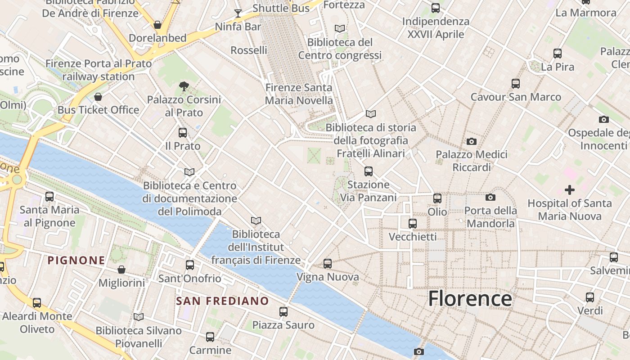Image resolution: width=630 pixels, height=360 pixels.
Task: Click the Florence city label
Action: pos(470,298)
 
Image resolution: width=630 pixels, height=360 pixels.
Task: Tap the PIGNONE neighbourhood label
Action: pos(76,260)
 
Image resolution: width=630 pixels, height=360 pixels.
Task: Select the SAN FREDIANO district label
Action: pos(222,301)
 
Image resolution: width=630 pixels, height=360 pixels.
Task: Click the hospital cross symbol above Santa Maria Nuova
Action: pos(570,190)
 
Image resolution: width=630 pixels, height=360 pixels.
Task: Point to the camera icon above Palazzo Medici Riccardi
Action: pos(471,142)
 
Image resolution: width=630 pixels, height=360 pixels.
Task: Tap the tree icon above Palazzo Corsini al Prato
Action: pos(184,86)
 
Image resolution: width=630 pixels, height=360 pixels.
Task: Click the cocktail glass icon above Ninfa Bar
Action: pos(238,13)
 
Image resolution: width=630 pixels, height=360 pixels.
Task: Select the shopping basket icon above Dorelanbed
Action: pos(157,24)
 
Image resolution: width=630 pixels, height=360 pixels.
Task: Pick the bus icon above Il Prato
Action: pos(182,133)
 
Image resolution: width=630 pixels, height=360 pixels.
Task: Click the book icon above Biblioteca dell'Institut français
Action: pos(256,221)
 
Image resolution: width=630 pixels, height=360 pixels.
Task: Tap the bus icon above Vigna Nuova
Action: pos(328,264)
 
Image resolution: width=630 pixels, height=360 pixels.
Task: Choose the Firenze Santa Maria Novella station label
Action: pos(299,94)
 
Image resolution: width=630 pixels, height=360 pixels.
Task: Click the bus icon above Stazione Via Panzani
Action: pos(368,171)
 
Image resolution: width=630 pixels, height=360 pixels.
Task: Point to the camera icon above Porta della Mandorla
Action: pos(490,197)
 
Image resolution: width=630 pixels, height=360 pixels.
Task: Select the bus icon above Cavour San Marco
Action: pos(516,84)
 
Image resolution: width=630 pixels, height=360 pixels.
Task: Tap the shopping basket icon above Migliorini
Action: pos(121,270)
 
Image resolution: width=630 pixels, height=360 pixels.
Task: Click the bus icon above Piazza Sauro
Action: pos(283,311)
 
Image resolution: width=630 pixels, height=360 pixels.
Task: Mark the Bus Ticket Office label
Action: pos(98,110)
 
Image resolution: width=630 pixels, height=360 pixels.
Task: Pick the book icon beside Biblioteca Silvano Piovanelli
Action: pos(139,317)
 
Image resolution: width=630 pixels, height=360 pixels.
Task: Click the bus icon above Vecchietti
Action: pos(412,223)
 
